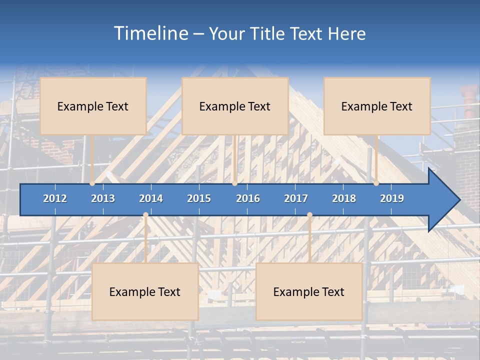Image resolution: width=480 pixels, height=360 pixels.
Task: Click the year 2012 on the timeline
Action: pyautogui.click(x=55, y=198)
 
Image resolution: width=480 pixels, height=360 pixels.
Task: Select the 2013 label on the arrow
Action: pyautogui.click(x=103, y=198)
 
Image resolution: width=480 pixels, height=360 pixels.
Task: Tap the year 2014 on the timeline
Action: pyautogui.click(x=151, y=198)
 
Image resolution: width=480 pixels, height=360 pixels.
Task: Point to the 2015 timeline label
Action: pyautogui.click(x=199, y=198)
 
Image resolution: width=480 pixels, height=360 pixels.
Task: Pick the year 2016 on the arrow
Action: pyautogui.click(x=248, y=198)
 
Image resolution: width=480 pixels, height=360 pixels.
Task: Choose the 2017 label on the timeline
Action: pyautogui.click(x=296, y=198)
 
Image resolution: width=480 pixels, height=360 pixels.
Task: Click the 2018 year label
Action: pyautogui.click(x=344, y=198)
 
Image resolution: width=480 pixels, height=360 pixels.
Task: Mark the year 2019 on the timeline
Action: pyautogui.click(x=392, y=198)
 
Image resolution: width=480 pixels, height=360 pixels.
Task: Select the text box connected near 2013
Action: pyautogui.click(x=93, y=106)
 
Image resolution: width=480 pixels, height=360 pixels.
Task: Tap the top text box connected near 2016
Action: pyautogui.click(x=235, y=106)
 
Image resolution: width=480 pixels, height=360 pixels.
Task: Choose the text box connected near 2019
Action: pyautogui.click(x=377, y=106)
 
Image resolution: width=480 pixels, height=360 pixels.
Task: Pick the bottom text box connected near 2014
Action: pyautogui.click(x=145, y=291)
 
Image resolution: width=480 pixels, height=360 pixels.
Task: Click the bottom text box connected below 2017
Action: pyautogui.click(x=309, y=291)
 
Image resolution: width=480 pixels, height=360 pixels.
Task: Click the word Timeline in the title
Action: pyautogui.click(x=150, y=33)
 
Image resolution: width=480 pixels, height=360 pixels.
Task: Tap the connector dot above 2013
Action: pyautogui.click(x=92, y=183)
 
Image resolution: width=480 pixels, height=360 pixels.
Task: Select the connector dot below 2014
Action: pyautogui.click(x=145, y=215)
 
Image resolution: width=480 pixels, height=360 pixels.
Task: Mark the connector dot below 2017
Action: pyautogui.click(x=309, y=215)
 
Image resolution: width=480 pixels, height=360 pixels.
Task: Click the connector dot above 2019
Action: pyautogui.click(x=376, y=183)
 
